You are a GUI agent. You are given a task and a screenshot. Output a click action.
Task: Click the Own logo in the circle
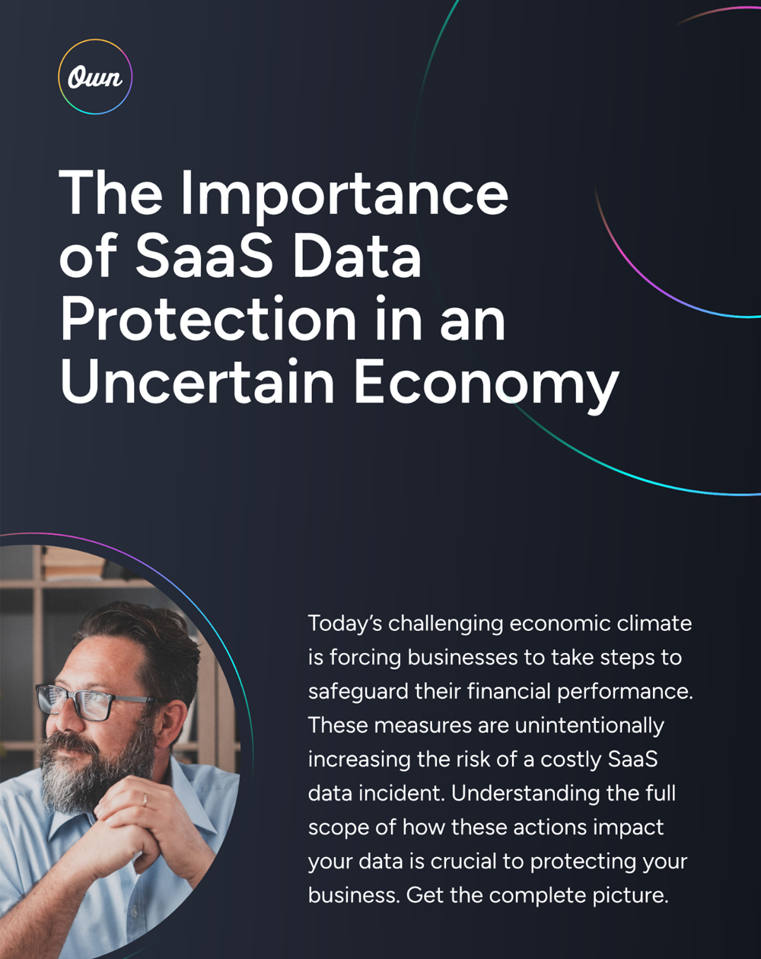click(95, 77)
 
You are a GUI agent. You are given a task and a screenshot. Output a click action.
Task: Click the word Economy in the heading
click(486, 383)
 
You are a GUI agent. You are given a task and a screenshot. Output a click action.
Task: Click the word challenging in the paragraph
click(444, 623)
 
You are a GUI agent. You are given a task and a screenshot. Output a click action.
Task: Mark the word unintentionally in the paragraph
click(590, 725)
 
